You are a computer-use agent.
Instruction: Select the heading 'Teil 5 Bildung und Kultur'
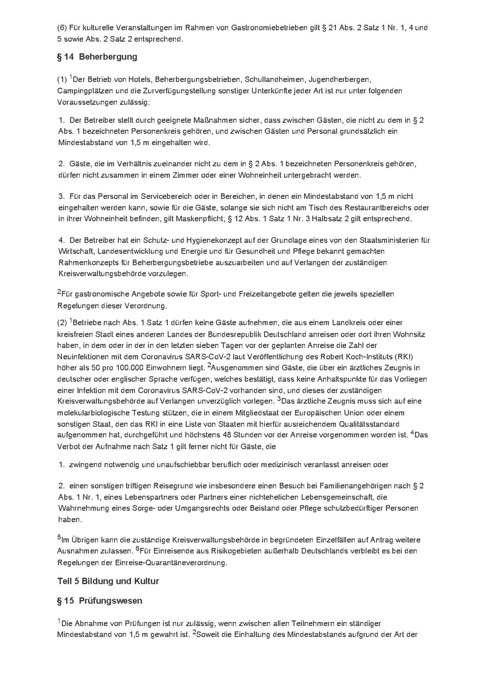click(x=108, y=581)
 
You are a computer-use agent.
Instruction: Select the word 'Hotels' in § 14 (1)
click(x=131, y=79)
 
